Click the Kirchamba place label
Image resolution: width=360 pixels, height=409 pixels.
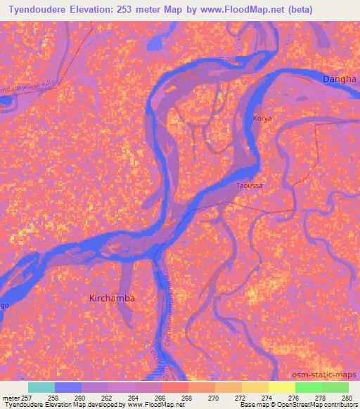point(112,298)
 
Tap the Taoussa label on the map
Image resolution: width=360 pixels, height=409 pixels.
point(250,186)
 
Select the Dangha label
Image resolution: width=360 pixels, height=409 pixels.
point(340,80)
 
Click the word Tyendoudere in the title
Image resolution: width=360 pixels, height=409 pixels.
point(34,9)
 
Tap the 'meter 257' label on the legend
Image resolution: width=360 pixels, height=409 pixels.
point(15,398)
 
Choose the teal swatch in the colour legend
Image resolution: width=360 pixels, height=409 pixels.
point(41,387)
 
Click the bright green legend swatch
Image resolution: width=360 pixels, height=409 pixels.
point(309,387)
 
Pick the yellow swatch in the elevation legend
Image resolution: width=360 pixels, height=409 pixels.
point(282,387)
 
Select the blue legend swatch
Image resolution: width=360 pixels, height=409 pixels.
point(68,387)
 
